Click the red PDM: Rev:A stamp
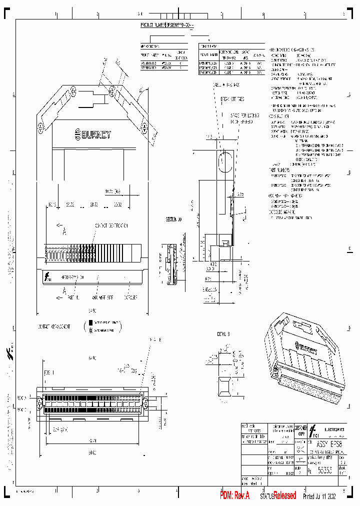coord(234,495)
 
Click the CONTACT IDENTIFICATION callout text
coord(112,226)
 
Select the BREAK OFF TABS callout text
coord(232,99)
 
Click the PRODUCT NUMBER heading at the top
coord(170,24)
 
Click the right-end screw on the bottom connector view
coord(145,403)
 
